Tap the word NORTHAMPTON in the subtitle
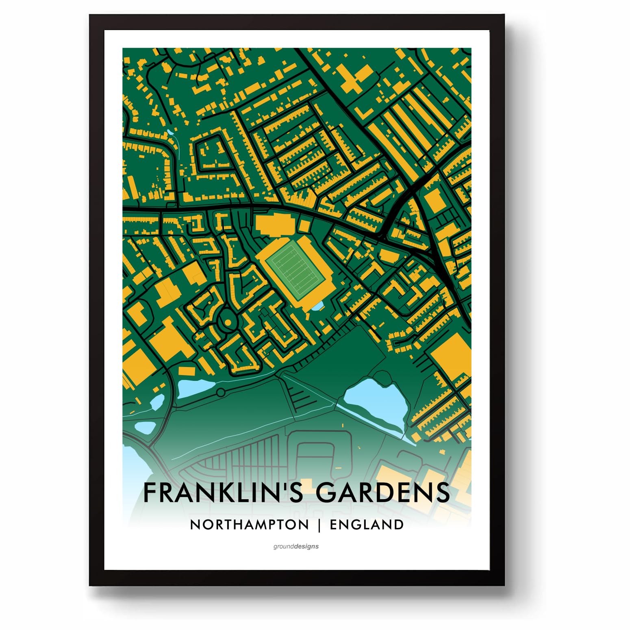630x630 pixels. [x=249, y=524]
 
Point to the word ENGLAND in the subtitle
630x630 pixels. [x=366, y=524]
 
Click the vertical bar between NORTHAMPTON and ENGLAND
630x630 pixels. [x=319, y=525]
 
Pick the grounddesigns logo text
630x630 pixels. [x=296, y=546]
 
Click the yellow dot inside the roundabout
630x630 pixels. [x=228, y=322]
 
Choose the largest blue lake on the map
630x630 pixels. [x=376, y=400]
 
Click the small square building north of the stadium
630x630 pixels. [x=304, y=226]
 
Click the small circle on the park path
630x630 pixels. [x=220, y=393]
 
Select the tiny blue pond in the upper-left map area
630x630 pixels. [x=171, y=133]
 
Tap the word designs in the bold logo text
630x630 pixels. [x=307, y=546]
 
